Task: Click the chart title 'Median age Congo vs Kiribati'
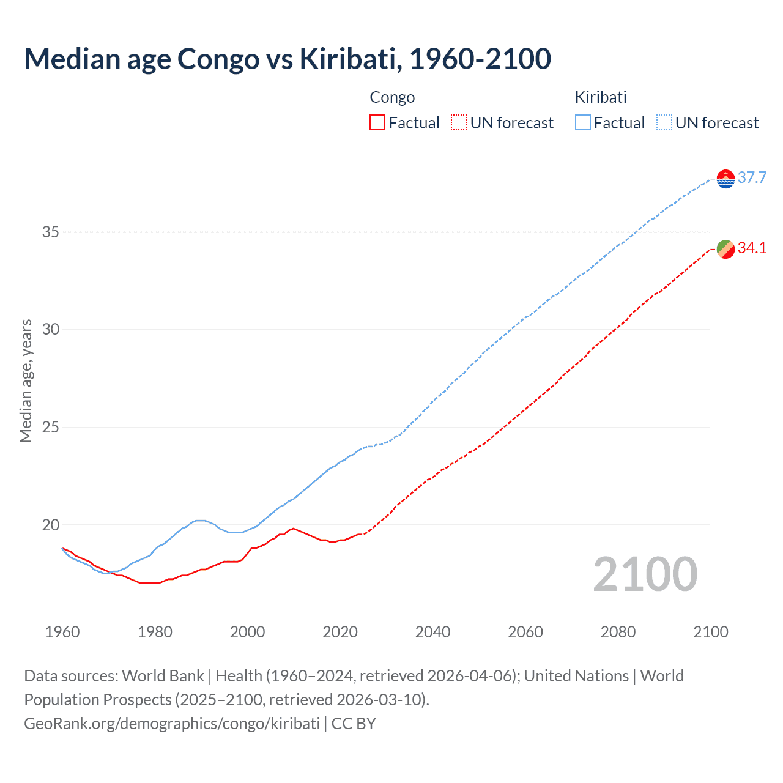pos(288,59)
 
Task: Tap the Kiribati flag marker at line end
pos(725,179)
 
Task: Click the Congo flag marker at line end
pos(725,249)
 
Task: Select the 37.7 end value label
pos(752,178)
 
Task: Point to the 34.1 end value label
pos(752,248)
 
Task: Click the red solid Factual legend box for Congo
pos(377,123)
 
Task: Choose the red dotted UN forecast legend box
pos(459,123)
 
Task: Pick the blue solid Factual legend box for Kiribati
pos(583,123)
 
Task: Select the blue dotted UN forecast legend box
pos(664,123)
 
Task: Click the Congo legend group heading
pos(392,97)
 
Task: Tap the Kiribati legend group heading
pos(601,97)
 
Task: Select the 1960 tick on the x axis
pos(62,632)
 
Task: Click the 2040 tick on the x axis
pos(432,632)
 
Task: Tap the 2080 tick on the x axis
pos(618,632)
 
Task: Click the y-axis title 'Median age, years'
pos(26,380)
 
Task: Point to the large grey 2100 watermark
pos(645,574)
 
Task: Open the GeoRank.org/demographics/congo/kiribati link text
pos(172,724)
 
